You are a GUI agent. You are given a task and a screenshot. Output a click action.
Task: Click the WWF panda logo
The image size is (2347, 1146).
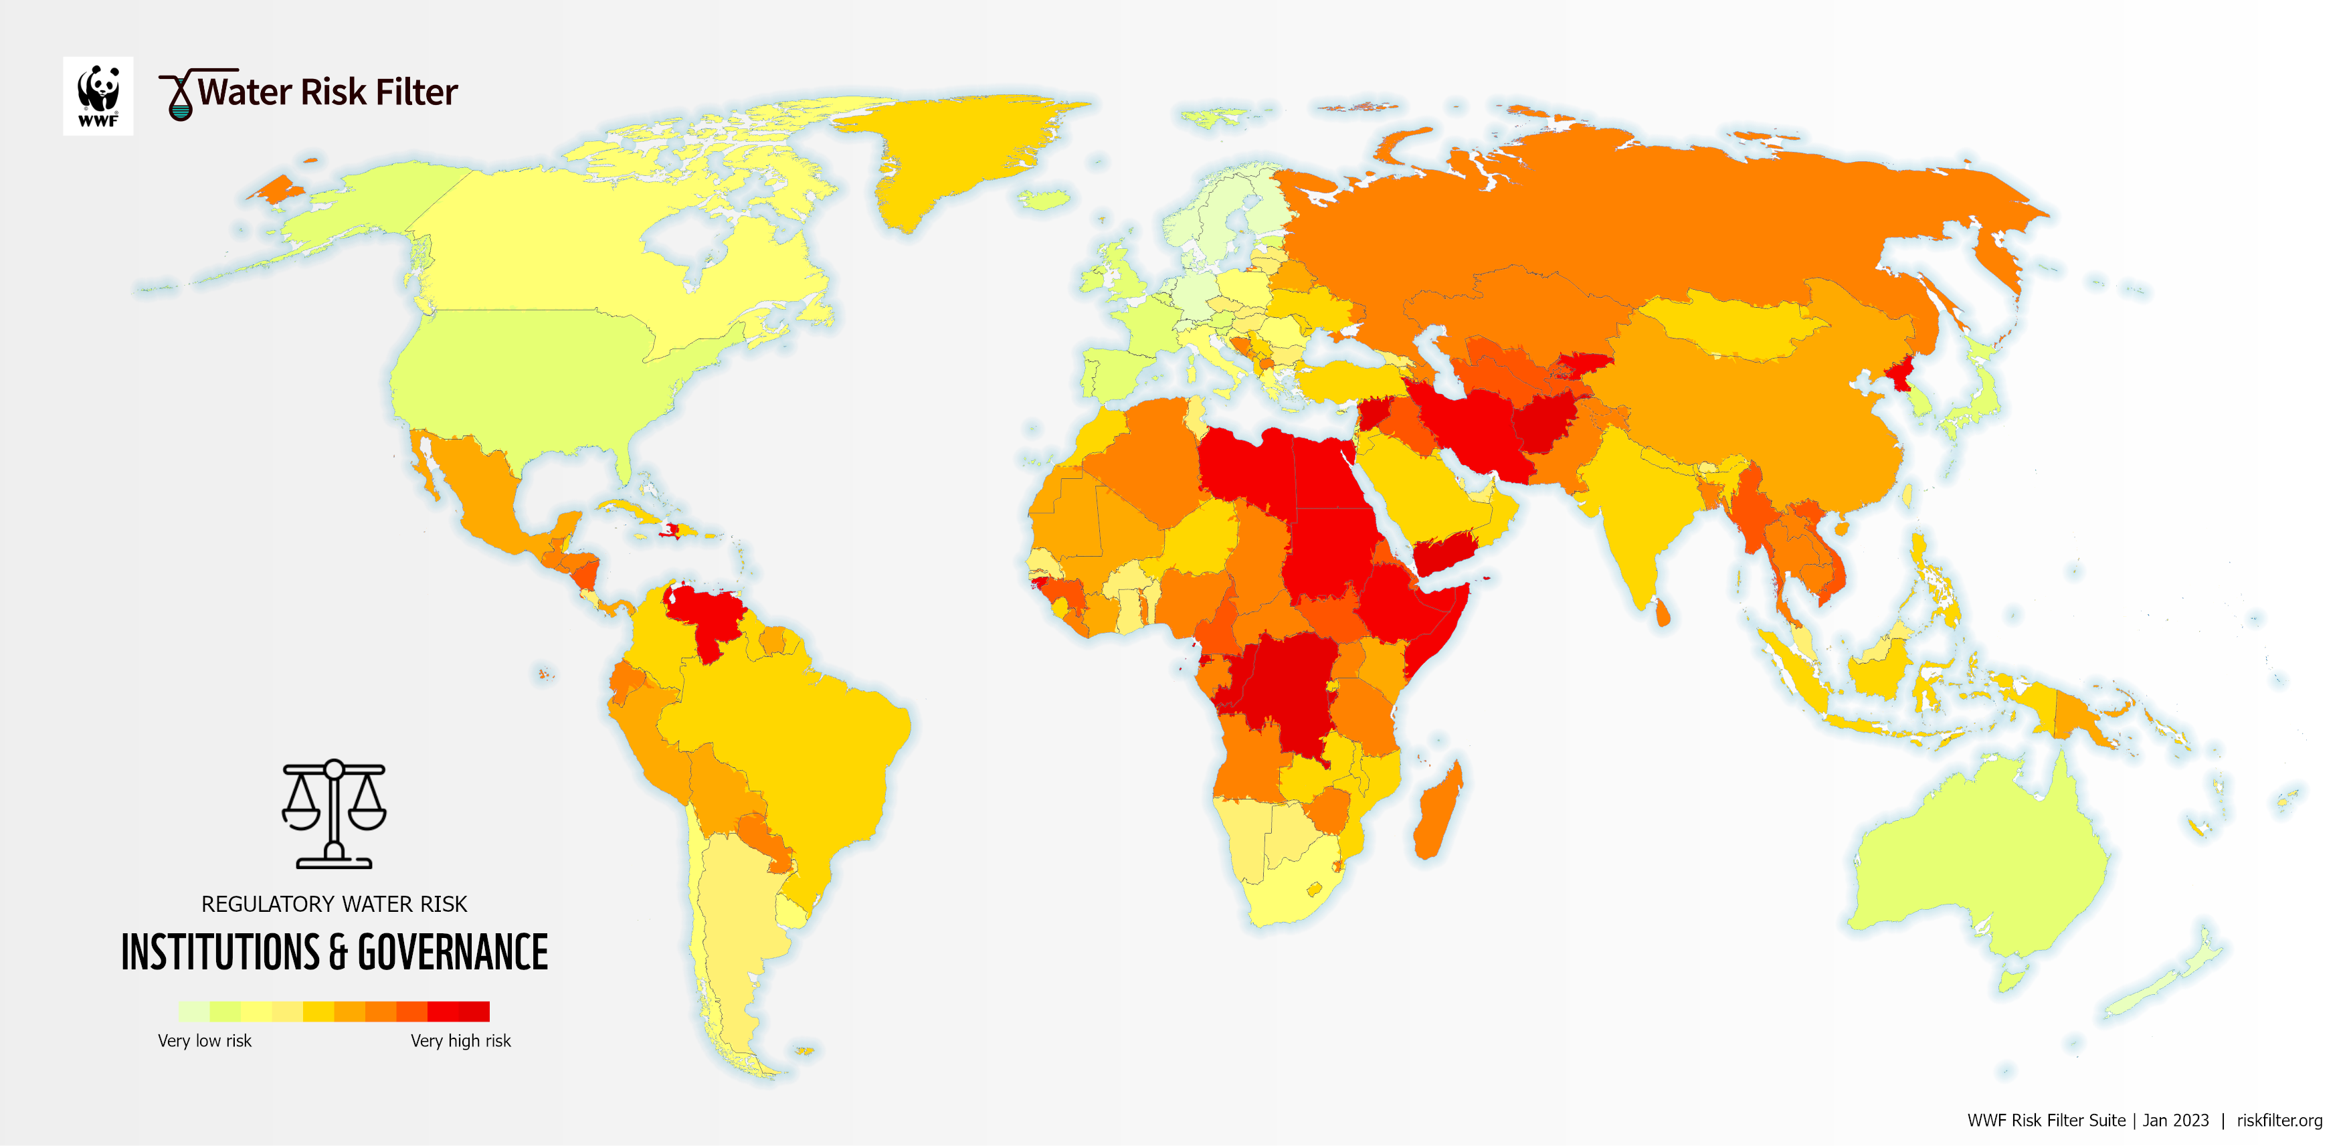point(98,96)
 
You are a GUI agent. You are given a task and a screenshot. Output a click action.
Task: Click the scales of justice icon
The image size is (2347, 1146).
point(333,814)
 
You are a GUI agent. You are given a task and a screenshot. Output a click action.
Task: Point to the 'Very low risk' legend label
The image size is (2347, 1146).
point(204,1040)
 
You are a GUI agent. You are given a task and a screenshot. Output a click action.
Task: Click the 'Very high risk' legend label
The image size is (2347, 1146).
point(460,1040)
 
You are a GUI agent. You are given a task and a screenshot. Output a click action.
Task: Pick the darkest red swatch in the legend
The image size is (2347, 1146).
point(474,1011)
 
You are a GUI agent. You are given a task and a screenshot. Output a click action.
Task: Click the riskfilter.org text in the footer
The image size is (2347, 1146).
point(2279,1121)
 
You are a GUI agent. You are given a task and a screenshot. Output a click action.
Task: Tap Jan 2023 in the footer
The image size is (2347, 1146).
point(2176,1121)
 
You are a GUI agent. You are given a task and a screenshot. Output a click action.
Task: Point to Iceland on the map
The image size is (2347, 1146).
point(1044,199)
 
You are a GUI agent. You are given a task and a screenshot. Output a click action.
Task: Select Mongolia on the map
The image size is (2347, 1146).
point(1731,328)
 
